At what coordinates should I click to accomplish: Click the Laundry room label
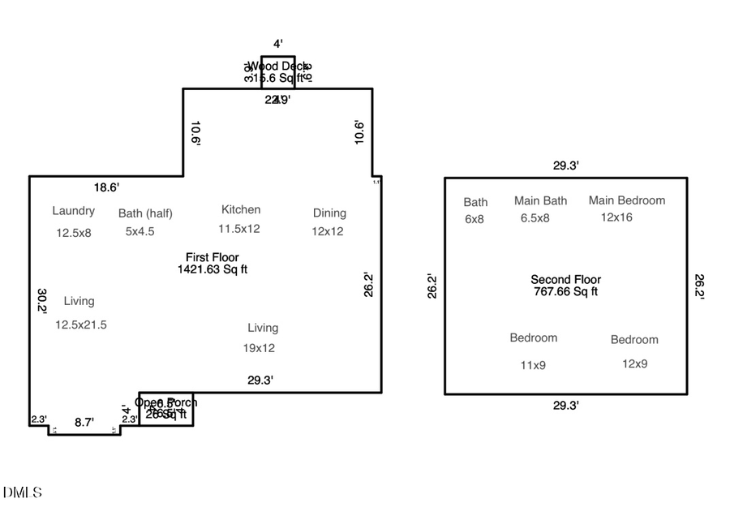click(x=73, y=211)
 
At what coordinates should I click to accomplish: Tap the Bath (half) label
click(x=145, y=213)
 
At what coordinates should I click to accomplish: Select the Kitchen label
click(x=241, y=209)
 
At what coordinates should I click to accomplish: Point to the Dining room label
click(x=329, y=213)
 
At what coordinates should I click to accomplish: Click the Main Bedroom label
click(x=626, y=200)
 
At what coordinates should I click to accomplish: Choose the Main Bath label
click(x=540, y=200)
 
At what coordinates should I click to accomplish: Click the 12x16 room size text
click(x=616, y=217)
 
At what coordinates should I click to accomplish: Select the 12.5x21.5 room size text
click(x=81, y=325)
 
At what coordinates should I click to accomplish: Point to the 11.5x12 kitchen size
click(x=238, y=229)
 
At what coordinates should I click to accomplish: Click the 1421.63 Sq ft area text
click(x=213, y=269)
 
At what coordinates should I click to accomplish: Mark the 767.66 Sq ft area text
click(x=565, y=291)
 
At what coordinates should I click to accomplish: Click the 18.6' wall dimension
click(x=106, y=187)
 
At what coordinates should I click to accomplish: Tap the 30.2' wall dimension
click(x=42, y=300)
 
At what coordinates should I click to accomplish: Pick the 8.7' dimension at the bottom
click(x=84, y=422)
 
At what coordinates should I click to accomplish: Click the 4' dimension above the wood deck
click(x=277, y=44)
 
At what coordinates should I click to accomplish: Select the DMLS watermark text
click(x=23, y=492)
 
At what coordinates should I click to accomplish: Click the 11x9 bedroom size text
click(x=533, y=365)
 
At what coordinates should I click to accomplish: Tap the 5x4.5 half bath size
click(x=140, y=231)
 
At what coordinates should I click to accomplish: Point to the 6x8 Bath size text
click(x=474, y=219)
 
